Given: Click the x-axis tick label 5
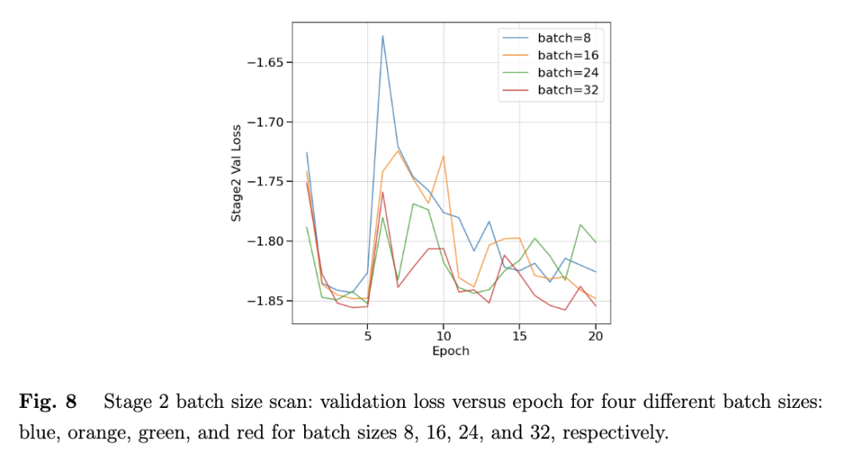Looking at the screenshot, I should (x=367, y=337).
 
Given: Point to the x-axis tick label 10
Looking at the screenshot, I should (x=443, y=337).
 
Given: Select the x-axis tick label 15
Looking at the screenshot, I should (x=520, y=337).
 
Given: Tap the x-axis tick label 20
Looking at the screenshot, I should (x=595, y=337).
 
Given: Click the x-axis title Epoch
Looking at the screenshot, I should (x=450, y=351).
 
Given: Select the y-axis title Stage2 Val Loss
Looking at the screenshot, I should (x=236, y=172).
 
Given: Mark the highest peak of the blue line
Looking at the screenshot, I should (x=383, y=36).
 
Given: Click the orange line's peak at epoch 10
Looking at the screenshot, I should (x=444, y=156).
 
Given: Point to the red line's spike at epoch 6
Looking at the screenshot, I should (x=383, y=192).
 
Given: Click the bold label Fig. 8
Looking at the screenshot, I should (x=48, y=402).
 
